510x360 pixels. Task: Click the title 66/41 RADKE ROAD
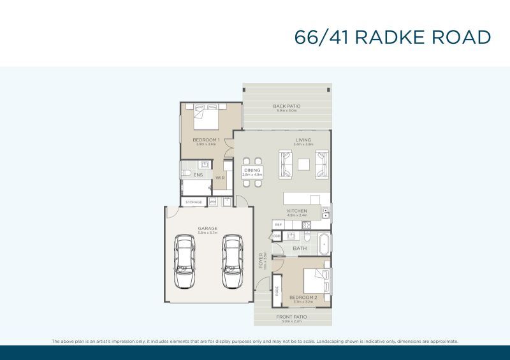[x=393, y=37]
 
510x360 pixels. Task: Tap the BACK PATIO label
[x=286, y=106]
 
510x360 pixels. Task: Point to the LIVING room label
[x=303, y=140]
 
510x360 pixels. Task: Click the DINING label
[x=252, y=170]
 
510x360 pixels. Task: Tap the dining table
[x=252, y=171]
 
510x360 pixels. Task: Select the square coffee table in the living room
[x=303, y=164]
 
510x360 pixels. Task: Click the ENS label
[x=189, y=175]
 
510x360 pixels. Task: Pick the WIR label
[x=219, y=178]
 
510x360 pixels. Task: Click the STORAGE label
[x=194, y=202]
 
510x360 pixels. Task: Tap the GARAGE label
[x=207, y=228]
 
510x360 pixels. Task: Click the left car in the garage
[x=185, y=261]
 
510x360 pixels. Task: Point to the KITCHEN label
[x=297, y=211]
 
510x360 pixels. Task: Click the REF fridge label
[x=278, y=225]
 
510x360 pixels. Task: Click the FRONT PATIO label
[x=291, y=317]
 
